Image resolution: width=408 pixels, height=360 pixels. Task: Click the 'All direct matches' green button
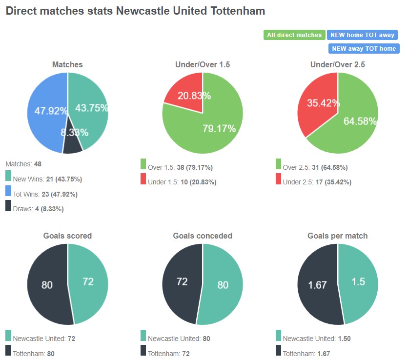294,35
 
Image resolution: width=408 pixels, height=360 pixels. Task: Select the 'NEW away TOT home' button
363,49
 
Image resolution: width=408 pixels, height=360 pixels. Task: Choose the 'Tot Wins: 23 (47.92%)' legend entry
45,194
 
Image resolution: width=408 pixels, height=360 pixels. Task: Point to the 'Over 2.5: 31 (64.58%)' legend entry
315,167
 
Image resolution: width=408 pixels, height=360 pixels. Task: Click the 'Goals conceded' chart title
203,236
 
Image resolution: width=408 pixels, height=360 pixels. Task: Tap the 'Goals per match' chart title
337,236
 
